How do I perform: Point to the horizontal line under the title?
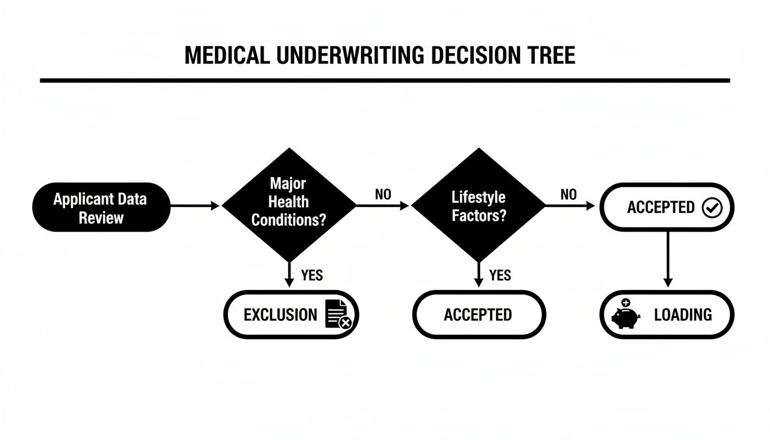(385, 81)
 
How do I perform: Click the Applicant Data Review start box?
(100, 207)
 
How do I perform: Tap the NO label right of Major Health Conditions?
(383, 195)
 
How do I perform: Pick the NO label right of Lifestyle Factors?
(568, 195)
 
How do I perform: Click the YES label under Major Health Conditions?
(312, 276)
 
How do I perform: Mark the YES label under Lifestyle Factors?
(500, 276)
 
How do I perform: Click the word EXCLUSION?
(280, 315)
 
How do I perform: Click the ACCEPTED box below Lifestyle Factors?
(479, 315)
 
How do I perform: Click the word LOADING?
(683, 315)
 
